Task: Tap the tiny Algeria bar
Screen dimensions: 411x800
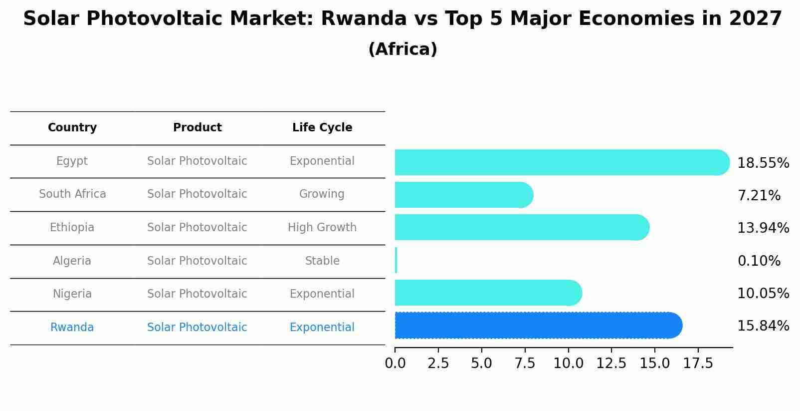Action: click(396, 260)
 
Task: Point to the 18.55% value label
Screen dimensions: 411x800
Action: click(763, 163)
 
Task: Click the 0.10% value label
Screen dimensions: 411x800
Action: click(759, 261)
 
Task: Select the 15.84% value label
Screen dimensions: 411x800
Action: click(763, 326)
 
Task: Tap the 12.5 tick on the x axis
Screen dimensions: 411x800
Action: click(611, 364)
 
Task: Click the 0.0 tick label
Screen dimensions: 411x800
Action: click(395, 364)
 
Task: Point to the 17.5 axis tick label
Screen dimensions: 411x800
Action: click(698, 364)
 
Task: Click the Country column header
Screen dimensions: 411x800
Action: click(72, 128)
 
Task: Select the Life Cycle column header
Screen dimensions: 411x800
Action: click(322, 128)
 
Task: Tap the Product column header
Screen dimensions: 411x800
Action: click(197, 128)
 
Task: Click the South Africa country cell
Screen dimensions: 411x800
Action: click(72, 194)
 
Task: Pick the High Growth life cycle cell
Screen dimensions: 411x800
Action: click(322, 228)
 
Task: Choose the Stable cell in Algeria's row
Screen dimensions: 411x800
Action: click(322, 261)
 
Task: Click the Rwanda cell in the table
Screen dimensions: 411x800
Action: click(72, 328)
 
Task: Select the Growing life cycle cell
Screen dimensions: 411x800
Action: click(322, 194)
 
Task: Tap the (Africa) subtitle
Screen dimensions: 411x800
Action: click(402, 49)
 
